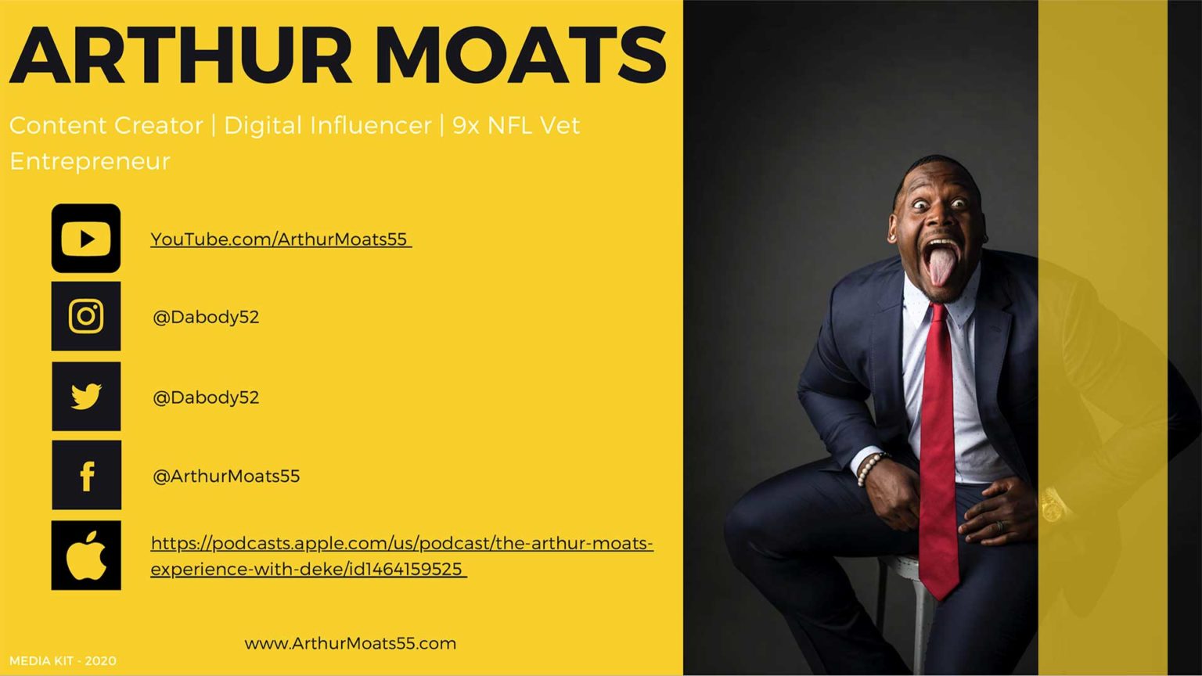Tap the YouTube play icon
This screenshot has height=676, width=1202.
(86, 238)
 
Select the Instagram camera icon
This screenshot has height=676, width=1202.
(86, 316)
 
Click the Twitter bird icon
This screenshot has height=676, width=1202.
(86, 397)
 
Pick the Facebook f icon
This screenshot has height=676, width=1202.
(86, 476)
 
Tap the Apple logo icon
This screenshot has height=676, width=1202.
(86, 556)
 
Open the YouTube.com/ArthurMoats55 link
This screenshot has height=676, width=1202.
(281, 239)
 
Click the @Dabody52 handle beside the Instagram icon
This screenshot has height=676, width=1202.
(206, 317)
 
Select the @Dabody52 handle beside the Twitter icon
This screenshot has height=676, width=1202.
(206, 397)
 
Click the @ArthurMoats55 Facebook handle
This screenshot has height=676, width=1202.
(226, 476)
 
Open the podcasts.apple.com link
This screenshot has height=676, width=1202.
(401, 556)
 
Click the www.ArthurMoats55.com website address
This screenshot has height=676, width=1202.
(351, 643)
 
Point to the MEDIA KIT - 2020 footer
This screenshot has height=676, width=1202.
(63, 661)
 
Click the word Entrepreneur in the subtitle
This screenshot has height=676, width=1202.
(90, 161)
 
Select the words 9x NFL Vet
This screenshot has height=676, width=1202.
(516, 125)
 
